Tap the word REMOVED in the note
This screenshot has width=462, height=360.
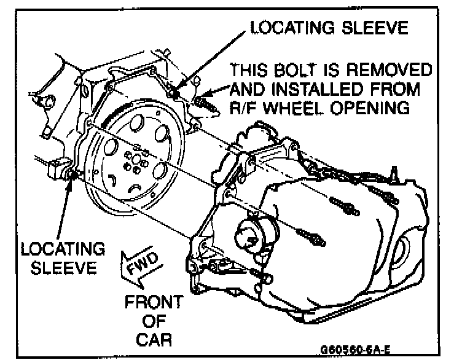point(396,69)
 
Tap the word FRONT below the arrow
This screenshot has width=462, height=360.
point(154,303)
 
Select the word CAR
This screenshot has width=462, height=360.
point(154,338)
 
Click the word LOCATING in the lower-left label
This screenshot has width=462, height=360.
point(61,251)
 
